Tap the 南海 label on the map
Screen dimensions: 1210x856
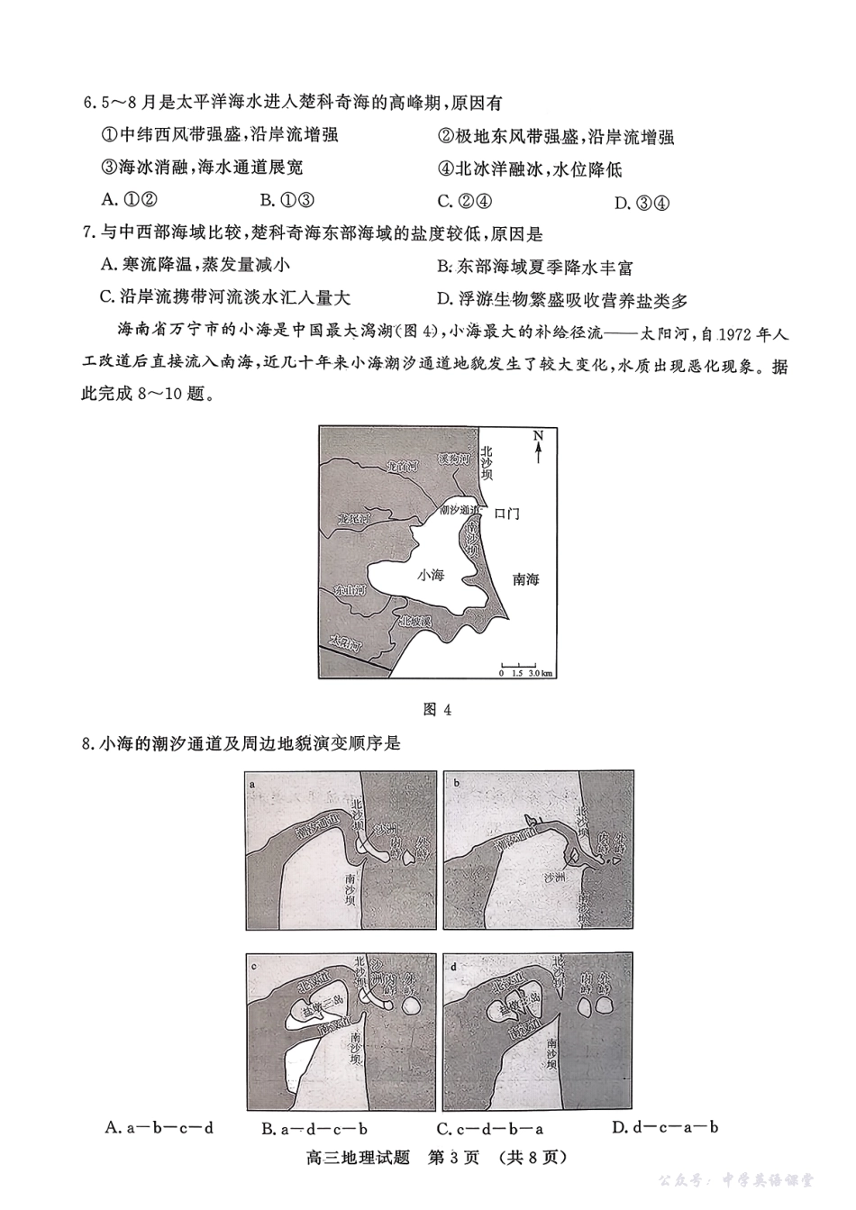click(525, 579)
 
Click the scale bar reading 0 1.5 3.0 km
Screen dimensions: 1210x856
click(526, 668)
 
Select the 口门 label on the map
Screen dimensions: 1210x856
click(506, 514)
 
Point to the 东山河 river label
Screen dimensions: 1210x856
click(349, 591)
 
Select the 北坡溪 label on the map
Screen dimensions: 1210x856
click(415, 622)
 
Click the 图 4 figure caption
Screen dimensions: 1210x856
click(436, 709)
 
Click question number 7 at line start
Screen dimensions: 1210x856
click(87, 234)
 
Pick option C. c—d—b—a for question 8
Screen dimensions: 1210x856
click(489, 1127)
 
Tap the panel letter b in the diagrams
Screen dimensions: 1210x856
click(456, 783)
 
